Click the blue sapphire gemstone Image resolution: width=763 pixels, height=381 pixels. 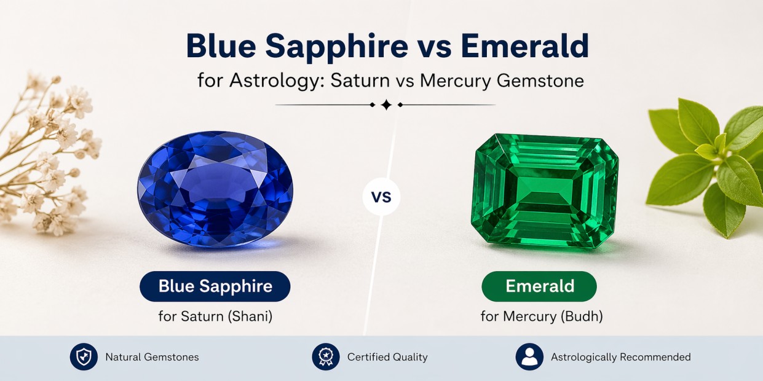(215, 189)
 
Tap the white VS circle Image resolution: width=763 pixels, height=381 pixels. (381, 197)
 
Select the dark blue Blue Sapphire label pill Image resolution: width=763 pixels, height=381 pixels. (215, 286)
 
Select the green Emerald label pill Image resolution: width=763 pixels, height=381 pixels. (539, 286)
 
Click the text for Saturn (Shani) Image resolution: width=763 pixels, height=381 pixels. (215, 316)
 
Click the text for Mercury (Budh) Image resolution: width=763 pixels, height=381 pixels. (542, 316)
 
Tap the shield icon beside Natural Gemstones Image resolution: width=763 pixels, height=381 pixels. (84, 356)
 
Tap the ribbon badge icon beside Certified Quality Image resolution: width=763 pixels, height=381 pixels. (326, 356)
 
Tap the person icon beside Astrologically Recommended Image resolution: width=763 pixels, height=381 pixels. (529, 356)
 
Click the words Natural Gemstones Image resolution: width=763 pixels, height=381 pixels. (152, 357)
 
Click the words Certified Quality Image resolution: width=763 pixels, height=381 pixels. (387, 357)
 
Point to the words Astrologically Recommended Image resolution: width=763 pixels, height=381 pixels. (620, 357)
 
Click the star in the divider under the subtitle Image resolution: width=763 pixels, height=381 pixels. (386, 105)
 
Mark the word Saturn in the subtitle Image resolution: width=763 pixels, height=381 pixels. (360, 81)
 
